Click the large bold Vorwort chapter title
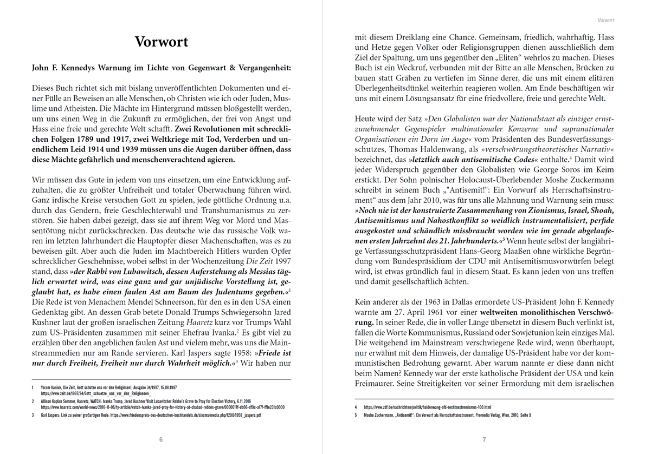(x=162, y=42)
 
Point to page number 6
(x=161, y=439)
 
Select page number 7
(x=484, y=439)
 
